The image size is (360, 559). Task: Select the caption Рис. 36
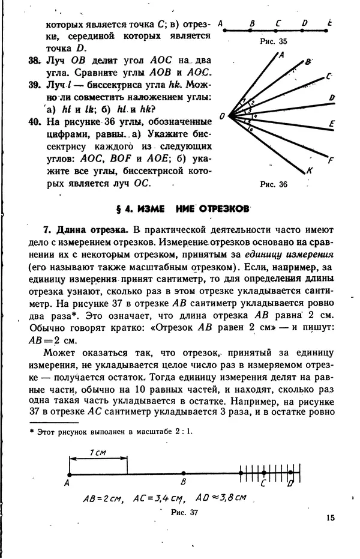coord(274,184)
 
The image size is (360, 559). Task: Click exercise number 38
coord(34,61)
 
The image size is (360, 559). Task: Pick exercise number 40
coord(34,121)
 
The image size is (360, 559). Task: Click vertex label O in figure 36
coord(222,115)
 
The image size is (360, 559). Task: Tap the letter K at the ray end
coord(310,171)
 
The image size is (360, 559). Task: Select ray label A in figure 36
coord(281,54)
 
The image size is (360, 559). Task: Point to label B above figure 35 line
coord(252,23)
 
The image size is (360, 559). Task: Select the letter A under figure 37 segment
coord(68,482)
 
